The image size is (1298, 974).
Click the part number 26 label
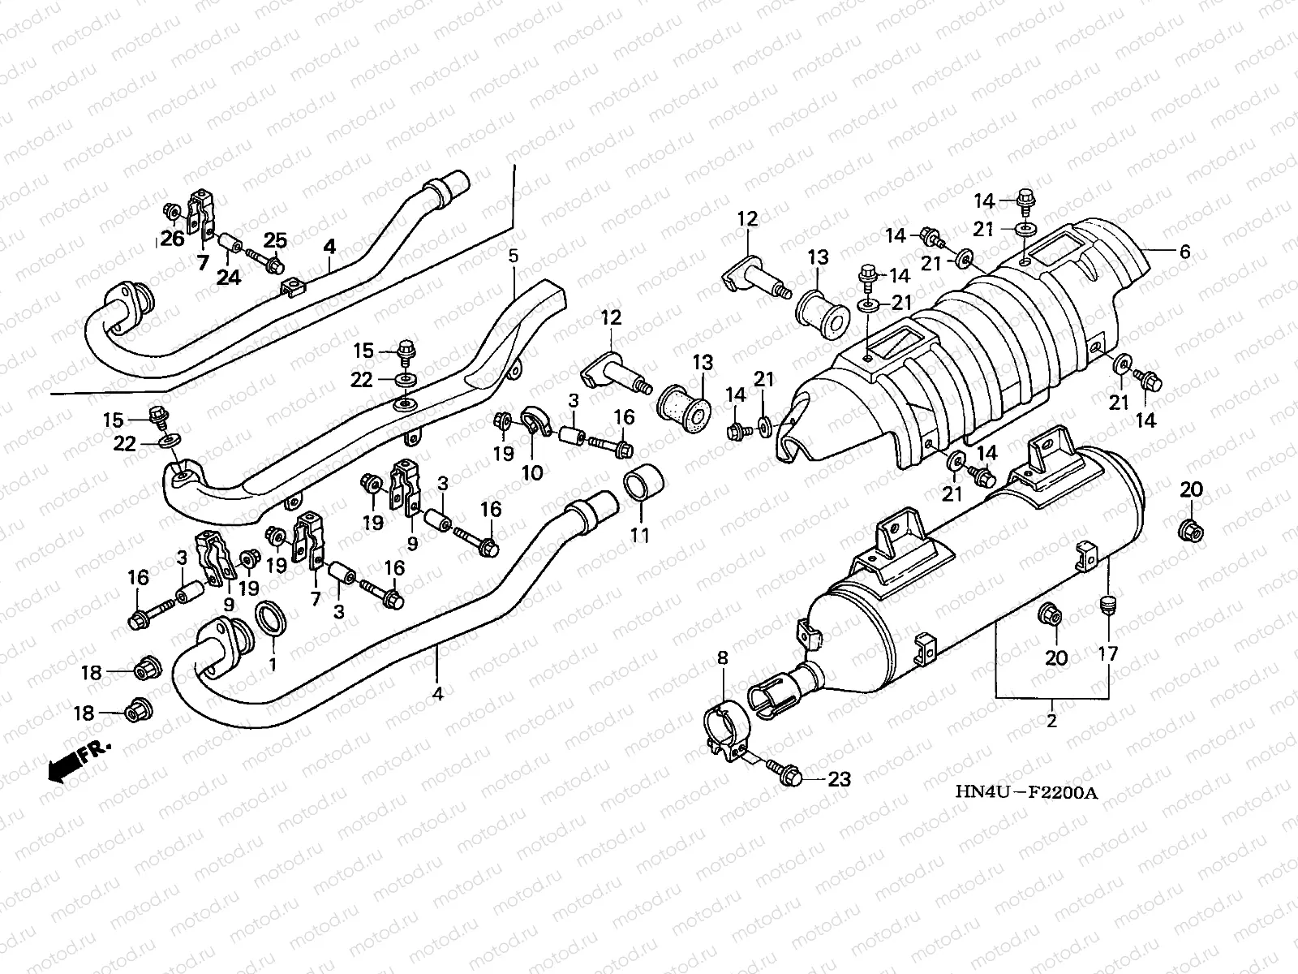(173, 239)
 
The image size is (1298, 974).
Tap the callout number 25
(275, 240)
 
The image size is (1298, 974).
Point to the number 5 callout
(514, 256)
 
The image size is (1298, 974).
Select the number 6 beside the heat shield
(1184, 252)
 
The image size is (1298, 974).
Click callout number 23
(839, 779)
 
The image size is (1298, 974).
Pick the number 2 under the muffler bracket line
(1051, 721)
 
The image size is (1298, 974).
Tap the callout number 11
(640, 535)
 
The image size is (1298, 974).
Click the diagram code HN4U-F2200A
(1026, 792)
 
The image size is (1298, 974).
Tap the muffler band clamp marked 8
(726, 730)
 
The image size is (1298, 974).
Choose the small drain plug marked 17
(1107, 606)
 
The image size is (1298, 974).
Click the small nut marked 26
(172, 210)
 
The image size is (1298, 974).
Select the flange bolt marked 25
(265, 261)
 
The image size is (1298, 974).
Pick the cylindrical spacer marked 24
(230, 243)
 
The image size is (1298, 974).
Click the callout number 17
(1107, 654)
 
